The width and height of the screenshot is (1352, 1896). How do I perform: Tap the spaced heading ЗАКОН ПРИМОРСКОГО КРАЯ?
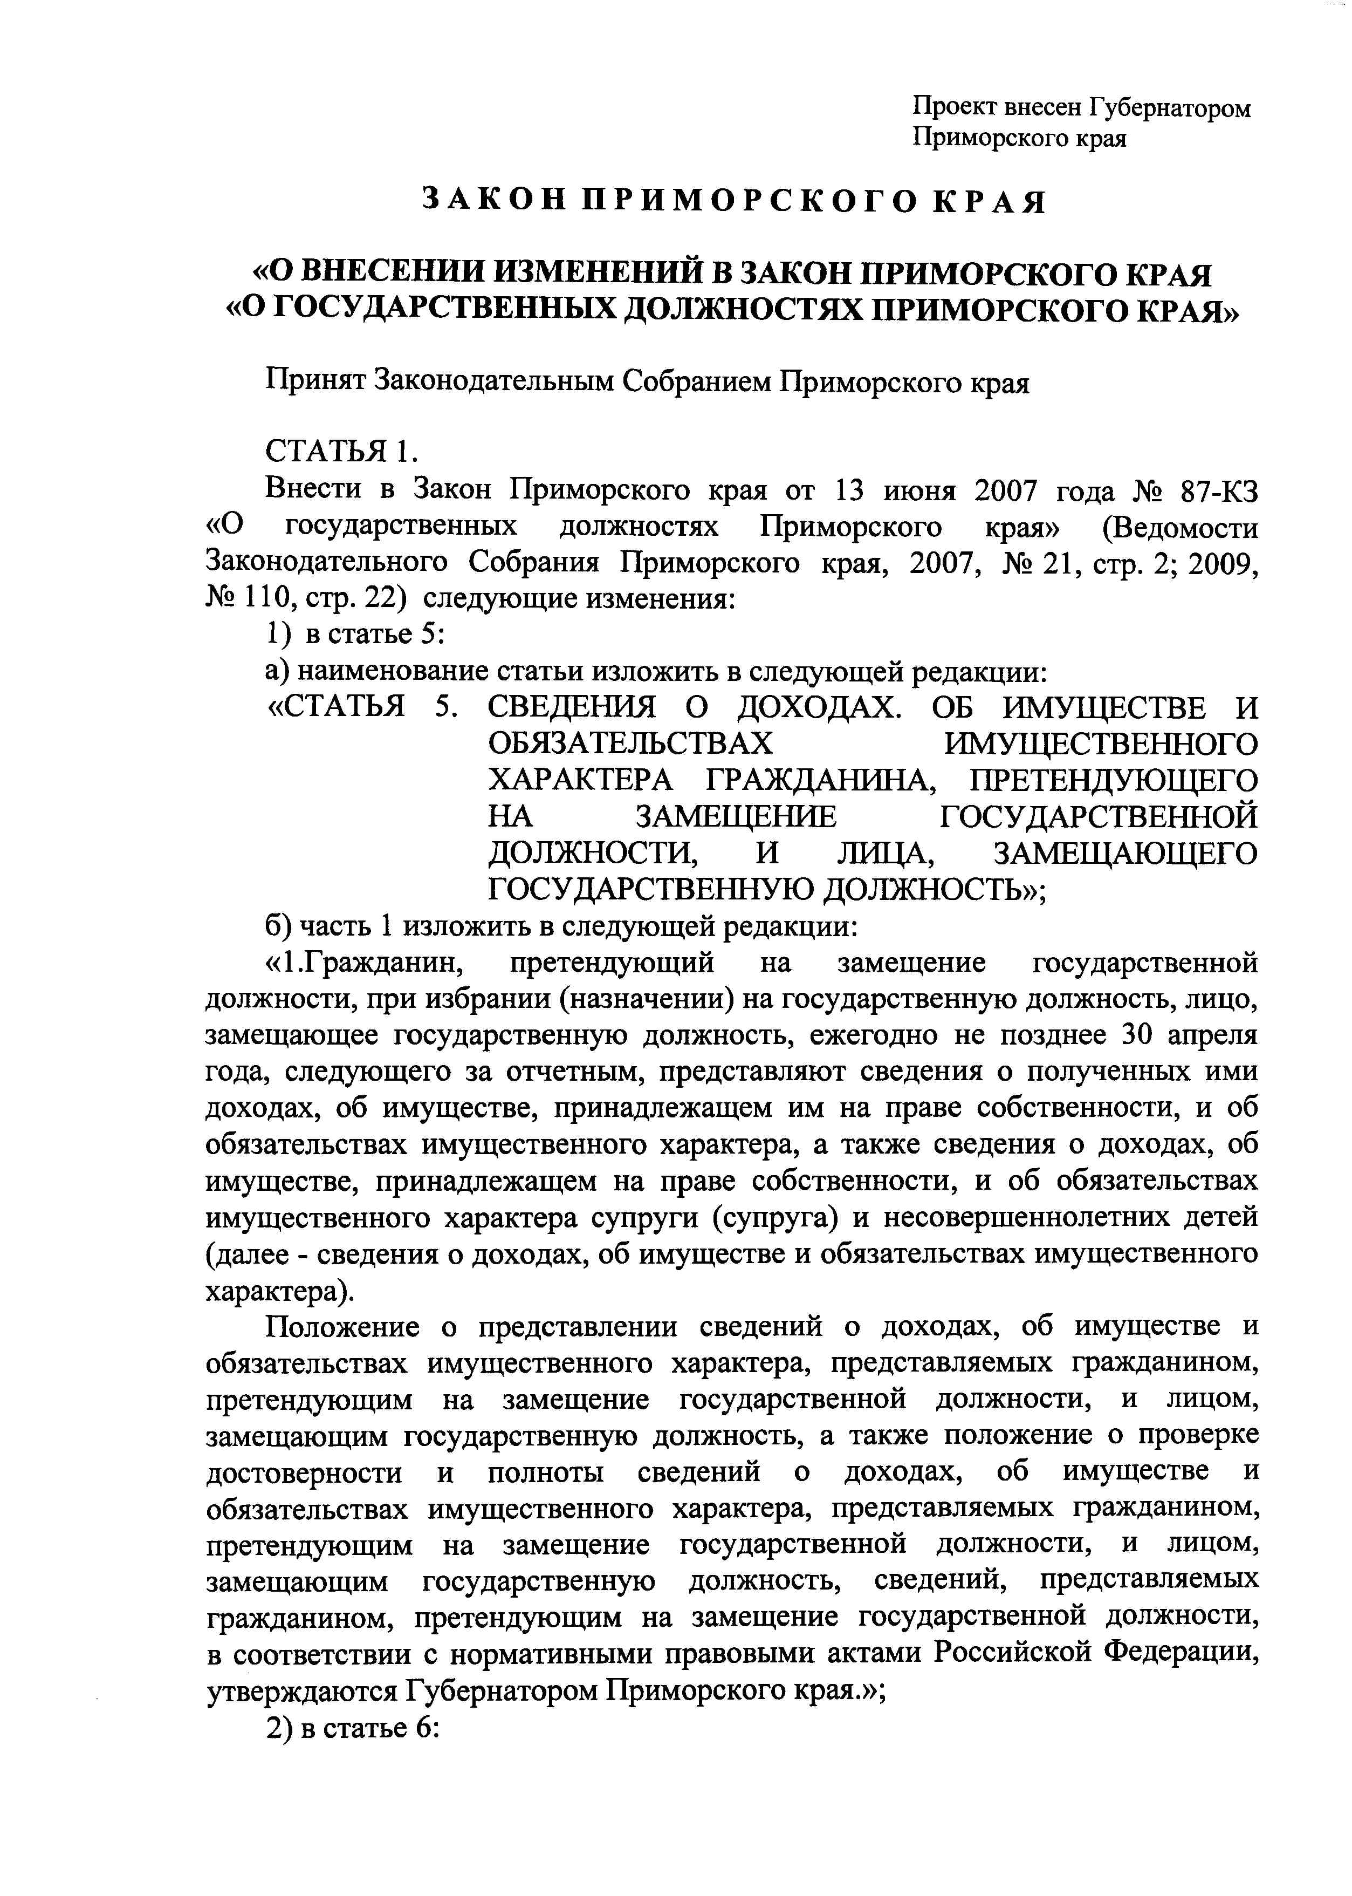tap(735, 201)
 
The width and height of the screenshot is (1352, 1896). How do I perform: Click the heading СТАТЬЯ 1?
tap(340, 452)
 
